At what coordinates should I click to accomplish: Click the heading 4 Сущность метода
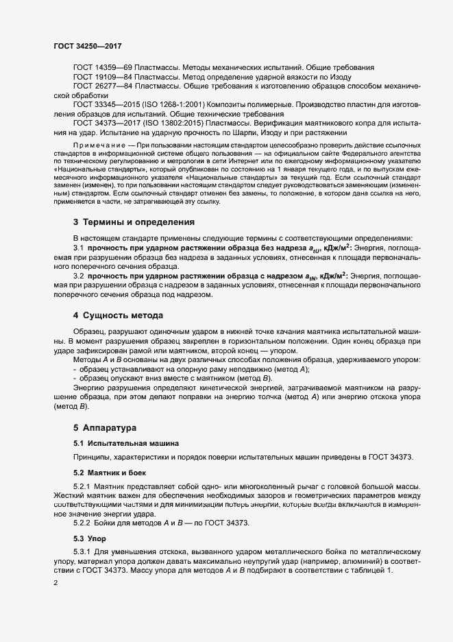click(x=118, y=316)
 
